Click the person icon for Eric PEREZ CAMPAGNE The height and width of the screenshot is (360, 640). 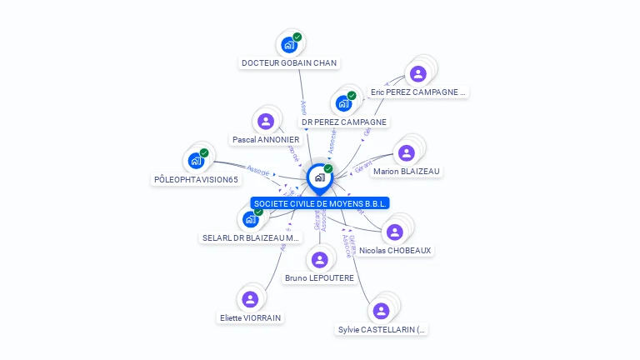pyautogui.click(x=418, y=73)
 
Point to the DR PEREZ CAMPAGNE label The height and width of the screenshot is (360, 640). pyautogui.click(x=344, y=122)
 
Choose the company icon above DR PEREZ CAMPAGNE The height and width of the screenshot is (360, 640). pyautogui.click(x=343, y=103)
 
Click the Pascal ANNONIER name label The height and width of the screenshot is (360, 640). pyautogui.click(x=266, y=140)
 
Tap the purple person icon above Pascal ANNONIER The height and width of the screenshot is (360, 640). pyautogui.click(x=266, y=122)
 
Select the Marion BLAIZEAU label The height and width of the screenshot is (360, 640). pyautogui.click(x=407, y=172)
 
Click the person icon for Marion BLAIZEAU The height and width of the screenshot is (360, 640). pyautogui.click(x=407, y=152)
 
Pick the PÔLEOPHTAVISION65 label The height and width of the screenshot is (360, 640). pyautogui.click(x=196, y=179)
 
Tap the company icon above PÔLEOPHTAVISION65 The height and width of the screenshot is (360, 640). pyautogui.click(x=196, y=160)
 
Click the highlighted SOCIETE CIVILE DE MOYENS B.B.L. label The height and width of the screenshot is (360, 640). pyautogui.click(x=320, y=203)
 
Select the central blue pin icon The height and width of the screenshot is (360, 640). pyautogui.click(x=319, y=177)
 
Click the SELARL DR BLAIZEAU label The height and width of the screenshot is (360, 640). pyautogui.click(x=251, y=237)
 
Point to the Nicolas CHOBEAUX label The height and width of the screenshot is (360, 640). pyautogui.click(x=396, y=250)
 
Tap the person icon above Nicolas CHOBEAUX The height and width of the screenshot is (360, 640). pyautogui.click(x=396, y=231)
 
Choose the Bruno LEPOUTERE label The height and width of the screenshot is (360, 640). pyautogui.click(x=319, y=277)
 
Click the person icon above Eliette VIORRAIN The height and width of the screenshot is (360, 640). pyautogui.click(x=250, y=298)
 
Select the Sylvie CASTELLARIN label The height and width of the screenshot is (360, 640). pyautogui.click(x=382, y=329)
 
